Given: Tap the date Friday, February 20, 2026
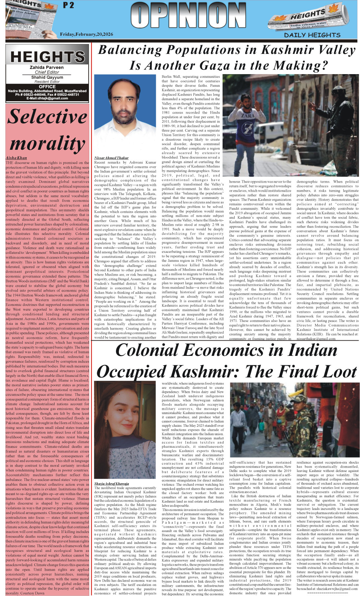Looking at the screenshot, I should pos(86,34).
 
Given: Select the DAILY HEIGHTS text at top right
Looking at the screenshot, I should pos(312,35).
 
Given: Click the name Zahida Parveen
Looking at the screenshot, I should pos(47,68).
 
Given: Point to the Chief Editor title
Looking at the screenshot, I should pos(47,72).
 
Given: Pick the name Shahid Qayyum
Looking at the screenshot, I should pos(47,77).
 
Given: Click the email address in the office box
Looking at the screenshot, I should pos(47,98).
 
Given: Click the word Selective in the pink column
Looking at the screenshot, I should pos(47,116).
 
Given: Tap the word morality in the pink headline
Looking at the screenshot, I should pos(47,143).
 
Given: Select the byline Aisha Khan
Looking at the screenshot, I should pos(16,158).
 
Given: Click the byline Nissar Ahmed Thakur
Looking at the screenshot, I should pos(111,158).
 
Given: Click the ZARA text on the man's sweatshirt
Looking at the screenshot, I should pos(248,116).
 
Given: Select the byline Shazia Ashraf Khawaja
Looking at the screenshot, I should pos(111,484).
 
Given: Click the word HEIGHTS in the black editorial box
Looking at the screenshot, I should pos(47,57).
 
